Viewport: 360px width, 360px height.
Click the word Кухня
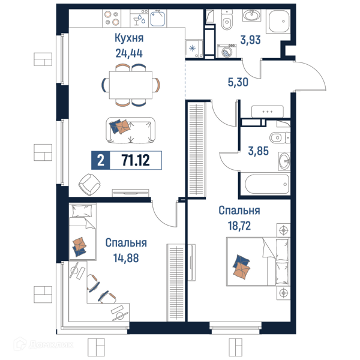(129, 38)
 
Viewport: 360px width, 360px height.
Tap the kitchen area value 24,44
(129, 53)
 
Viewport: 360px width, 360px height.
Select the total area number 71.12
(136, 160)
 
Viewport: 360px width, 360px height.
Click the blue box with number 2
(101, 160)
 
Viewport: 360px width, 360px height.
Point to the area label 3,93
(250, 40)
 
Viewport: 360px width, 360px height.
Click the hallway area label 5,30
(238, 82)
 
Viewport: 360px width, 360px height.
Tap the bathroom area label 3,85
(258, 151)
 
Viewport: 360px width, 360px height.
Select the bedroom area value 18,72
(239, 226)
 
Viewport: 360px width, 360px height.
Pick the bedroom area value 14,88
(126, 258)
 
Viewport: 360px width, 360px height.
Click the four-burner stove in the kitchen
(112, 18)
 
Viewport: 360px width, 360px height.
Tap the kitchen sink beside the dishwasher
(158, 19)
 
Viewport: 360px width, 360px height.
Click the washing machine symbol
(227, 51)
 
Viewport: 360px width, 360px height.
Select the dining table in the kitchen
(131, 85)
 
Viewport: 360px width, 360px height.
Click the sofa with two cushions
(130, 130)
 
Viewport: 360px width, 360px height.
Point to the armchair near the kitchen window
(89, 185)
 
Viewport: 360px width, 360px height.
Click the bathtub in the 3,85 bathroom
(267, 184)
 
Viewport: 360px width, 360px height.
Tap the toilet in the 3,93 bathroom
(227, 20)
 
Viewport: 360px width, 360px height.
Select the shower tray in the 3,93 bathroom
(279, 21)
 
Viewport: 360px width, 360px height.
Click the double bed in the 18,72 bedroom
(258, 262)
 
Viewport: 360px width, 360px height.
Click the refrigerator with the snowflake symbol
(194, 49)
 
